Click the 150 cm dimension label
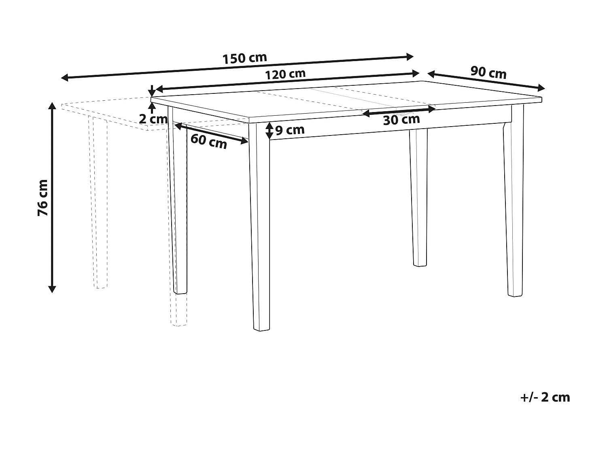245,58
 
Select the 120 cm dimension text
285,74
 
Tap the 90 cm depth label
488,72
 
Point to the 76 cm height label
43,197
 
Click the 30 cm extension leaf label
401,120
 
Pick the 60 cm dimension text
209,142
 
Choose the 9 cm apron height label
290,130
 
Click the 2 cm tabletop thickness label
153,119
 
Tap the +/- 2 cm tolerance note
545,397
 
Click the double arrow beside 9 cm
270,131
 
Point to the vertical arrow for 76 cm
52,197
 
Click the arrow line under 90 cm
486,81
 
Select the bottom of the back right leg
420,265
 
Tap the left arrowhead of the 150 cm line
64,78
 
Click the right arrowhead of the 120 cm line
416,74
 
